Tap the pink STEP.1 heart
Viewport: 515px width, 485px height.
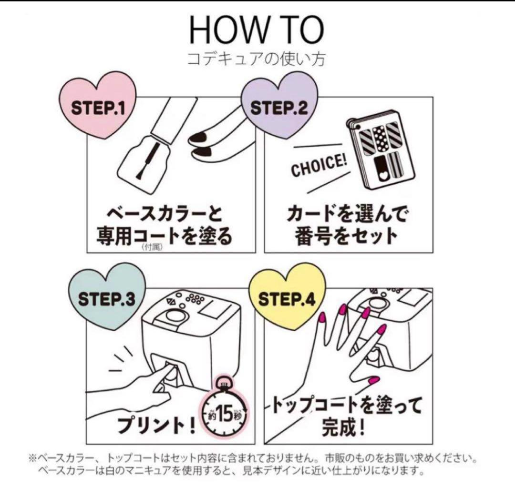pyautogui.click(x=97, y=109)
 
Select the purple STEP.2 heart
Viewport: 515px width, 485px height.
pyautogui.click(x=279, y=109)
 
